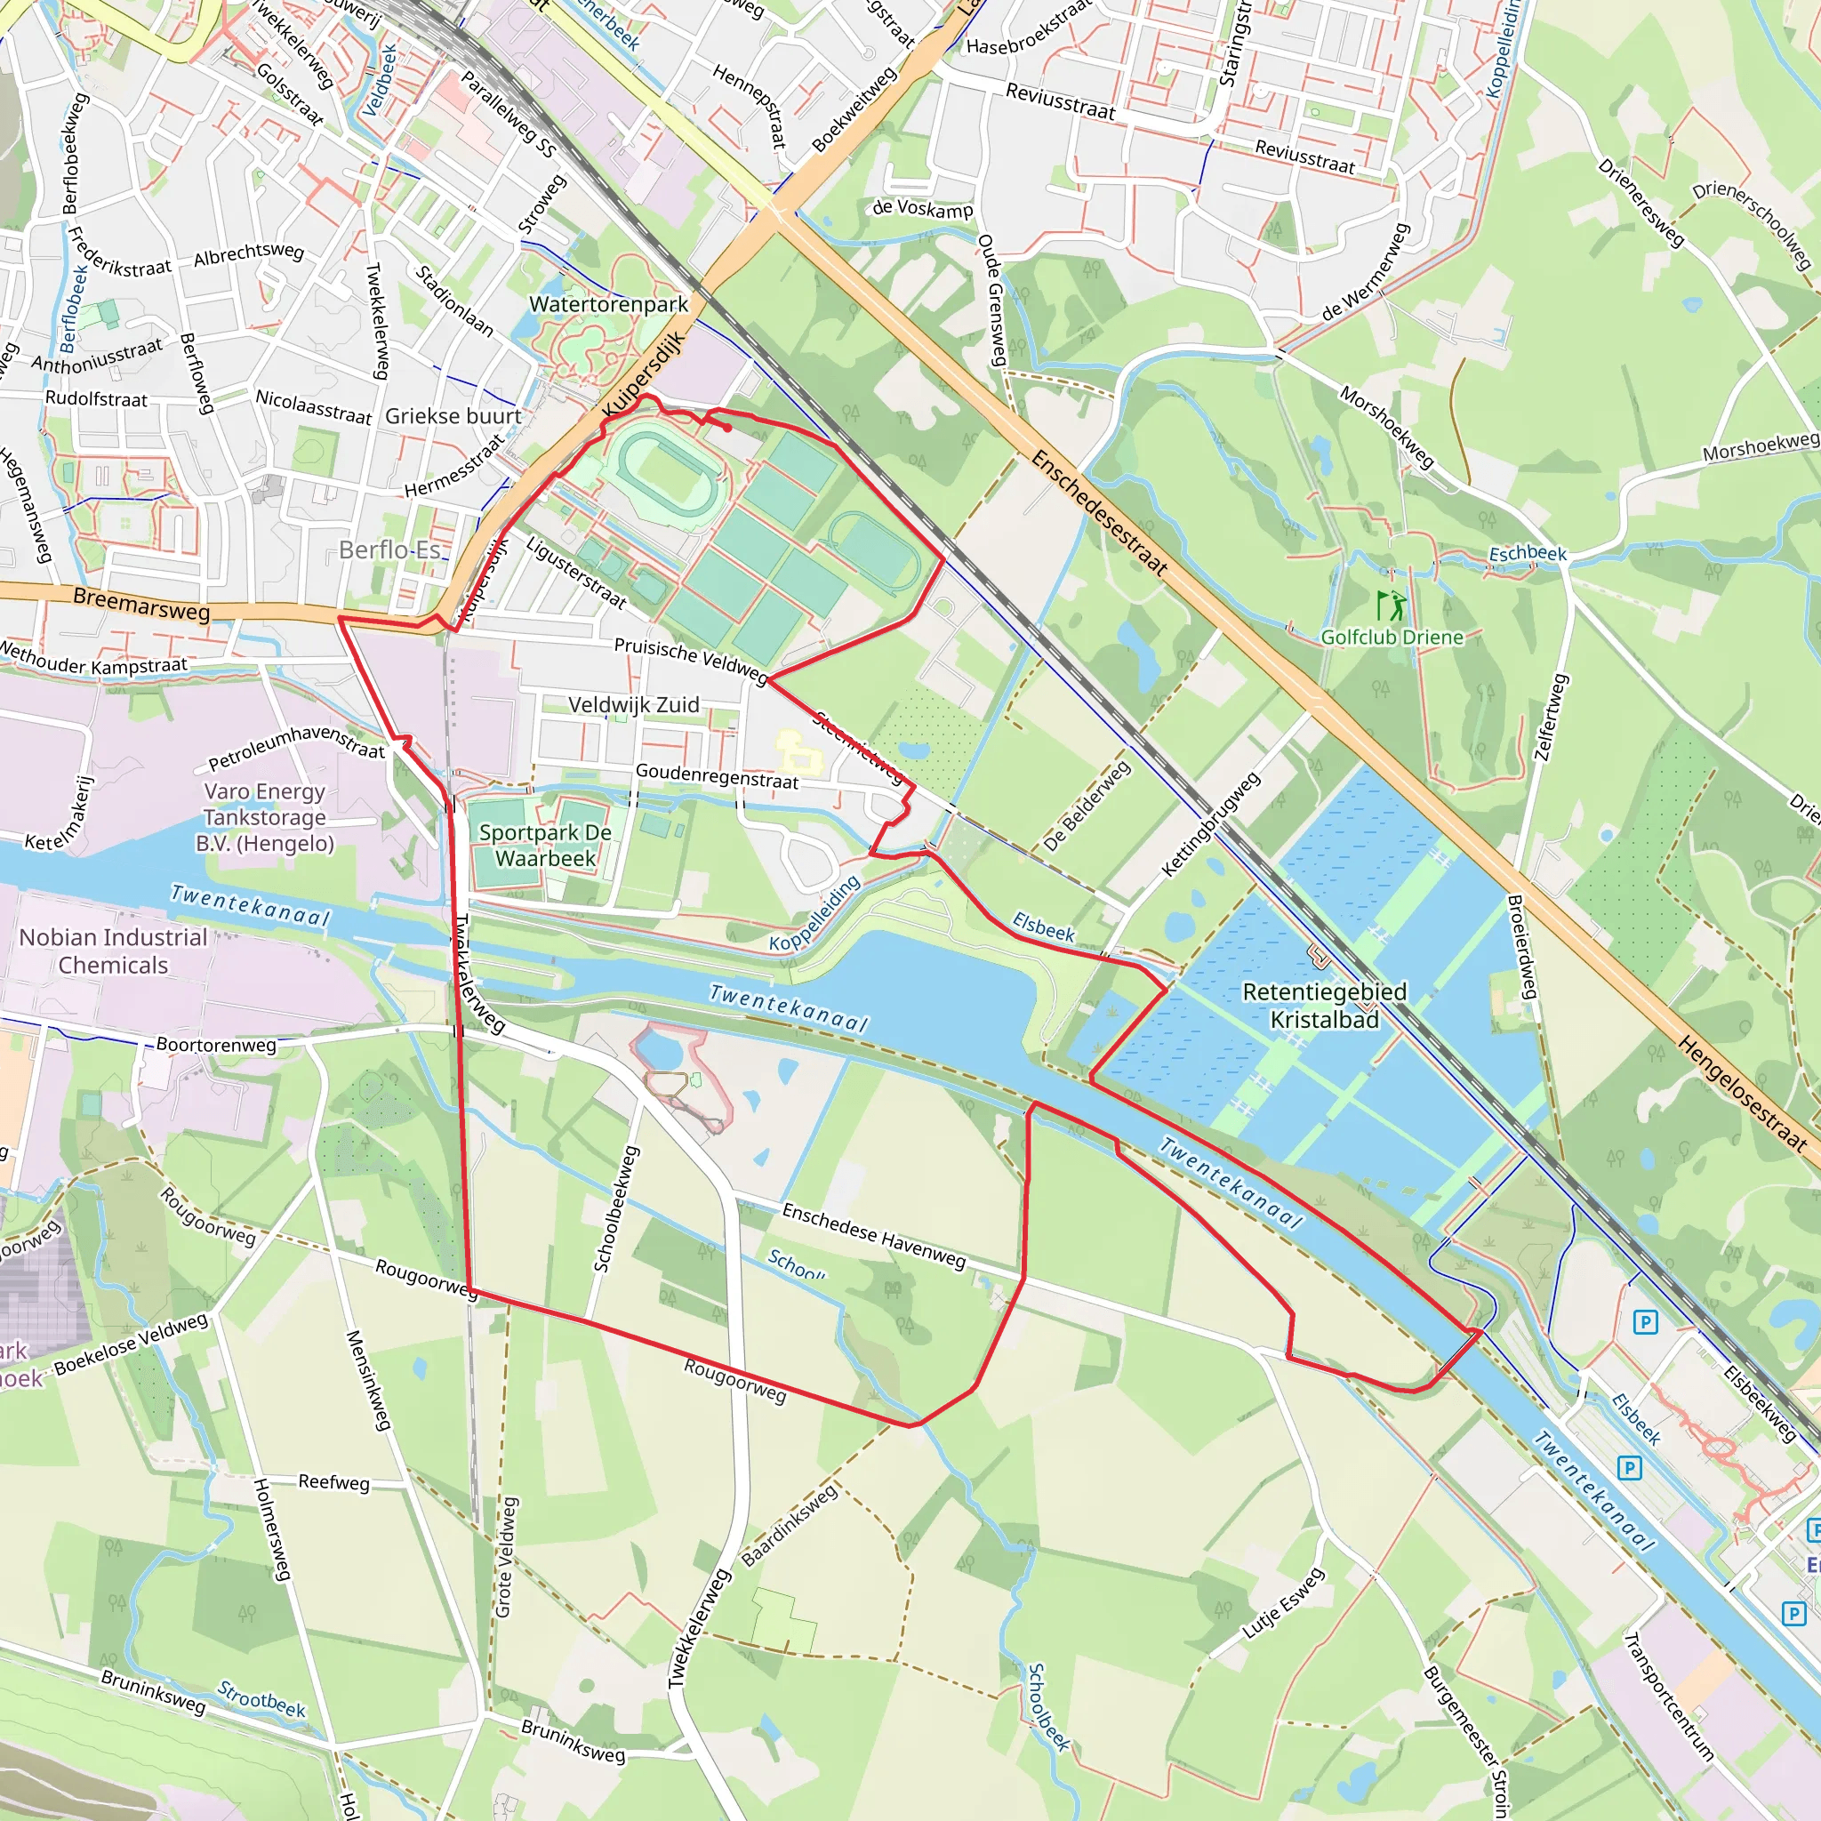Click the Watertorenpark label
pyautogui.click(x=609, y=304)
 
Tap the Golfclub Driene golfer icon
pyautogui.click(x=1392, y=606)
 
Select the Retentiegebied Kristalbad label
pyautogui.click(x=1324, y=1006)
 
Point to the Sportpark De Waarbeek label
pyautogui.click(x=545, y=846)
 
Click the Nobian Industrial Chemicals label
pyautogui.click(x=113, y=951)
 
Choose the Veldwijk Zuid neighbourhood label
pyautogui.click(x=633, y=705)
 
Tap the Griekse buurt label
pyautogui.click(x=453, y=415)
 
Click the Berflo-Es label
pyautogui.click(x=389, y=550)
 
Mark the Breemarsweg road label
pyautogui.click(x=141, y=604)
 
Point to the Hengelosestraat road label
pyautogui.click(x=1743, y=1094)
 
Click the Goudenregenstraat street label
pyautogui.click(x=717, y=776)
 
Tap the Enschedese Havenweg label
pyautogui.click(x=874, y=1236)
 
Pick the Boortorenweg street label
pyautogui.click(x=216, y=1045)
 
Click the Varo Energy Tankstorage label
pyautogui.click(x=265, y=817)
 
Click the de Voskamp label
pyautogui.click(x=922, y=208)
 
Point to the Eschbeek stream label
pyautogui.click(x=1527, y=554)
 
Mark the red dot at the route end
pyautogui.click(x=727, y=428)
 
